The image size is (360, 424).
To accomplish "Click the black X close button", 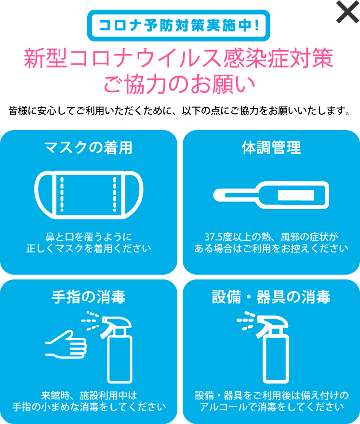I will point(347,12).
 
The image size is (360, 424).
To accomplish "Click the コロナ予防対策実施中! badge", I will point(178,25).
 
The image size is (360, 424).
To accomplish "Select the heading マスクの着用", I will point(88,147).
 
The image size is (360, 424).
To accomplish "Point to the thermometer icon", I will point(271,195).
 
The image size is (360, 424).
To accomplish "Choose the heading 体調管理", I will point(271,147).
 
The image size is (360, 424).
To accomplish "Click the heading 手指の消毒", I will point(88,297).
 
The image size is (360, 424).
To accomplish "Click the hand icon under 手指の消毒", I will point(67,342).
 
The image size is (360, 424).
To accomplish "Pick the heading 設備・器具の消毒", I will point(271,297).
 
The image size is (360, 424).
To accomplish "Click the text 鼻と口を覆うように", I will point(88,237).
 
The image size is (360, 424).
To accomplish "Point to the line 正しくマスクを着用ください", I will point(88,249).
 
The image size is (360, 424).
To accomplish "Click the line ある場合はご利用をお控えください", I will point(271,249).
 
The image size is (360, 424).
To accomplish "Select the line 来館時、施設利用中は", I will point(89,396).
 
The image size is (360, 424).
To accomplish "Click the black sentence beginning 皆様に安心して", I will point(179,111).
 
